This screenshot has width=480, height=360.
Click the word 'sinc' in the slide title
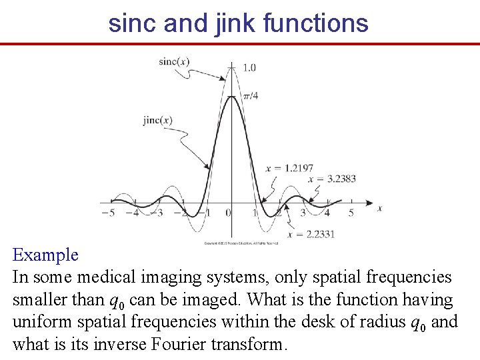131,23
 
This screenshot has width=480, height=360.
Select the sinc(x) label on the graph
174,62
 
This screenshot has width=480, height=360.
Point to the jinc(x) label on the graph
157,121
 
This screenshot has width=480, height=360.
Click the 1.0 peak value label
249,67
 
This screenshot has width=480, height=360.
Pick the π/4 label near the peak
250,96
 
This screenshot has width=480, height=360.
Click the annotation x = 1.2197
289,168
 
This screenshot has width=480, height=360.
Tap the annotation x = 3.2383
331,179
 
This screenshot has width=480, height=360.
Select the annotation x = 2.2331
311,234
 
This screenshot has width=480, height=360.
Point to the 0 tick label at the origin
228,213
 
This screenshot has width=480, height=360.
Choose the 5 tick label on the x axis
351,213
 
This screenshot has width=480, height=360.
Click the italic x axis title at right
379,208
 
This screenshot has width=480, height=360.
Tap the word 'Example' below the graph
45,255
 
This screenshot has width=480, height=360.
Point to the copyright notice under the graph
236,243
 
